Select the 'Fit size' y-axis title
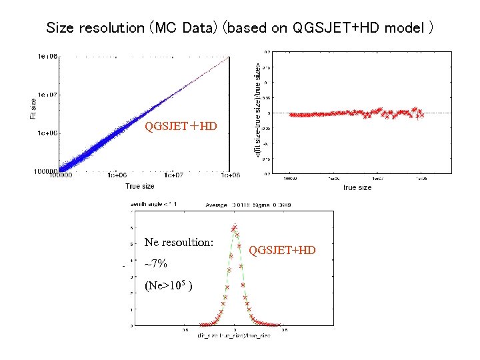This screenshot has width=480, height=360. (33, 109)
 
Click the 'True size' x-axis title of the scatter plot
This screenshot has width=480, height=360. (140, 186)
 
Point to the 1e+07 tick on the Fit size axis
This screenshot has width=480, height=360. (47, 95)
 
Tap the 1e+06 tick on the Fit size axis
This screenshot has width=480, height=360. (47, 133)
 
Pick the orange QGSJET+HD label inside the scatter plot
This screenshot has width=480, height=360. (181, 125)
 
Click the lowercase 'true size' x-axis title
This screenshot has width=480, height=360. (357, 188)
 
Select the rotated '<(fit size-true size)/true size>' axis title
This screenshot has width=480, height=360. (259, 111)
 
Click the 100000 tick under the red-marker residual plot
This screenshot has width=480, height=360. (292, 179)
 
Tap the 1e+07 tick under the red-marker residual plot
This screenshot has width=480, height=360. (377, 179)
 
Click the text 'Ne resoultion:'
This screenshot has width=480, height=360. (179, 243)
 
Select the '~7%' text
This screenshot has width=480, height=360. (155, 264)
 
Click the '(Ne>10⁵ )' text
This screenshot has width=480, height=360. (169, 287)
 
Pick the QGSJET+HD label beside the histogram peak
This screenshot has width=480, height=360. (282, 251)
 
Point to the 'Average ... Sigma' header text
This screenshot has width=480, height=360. (248, 205)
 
